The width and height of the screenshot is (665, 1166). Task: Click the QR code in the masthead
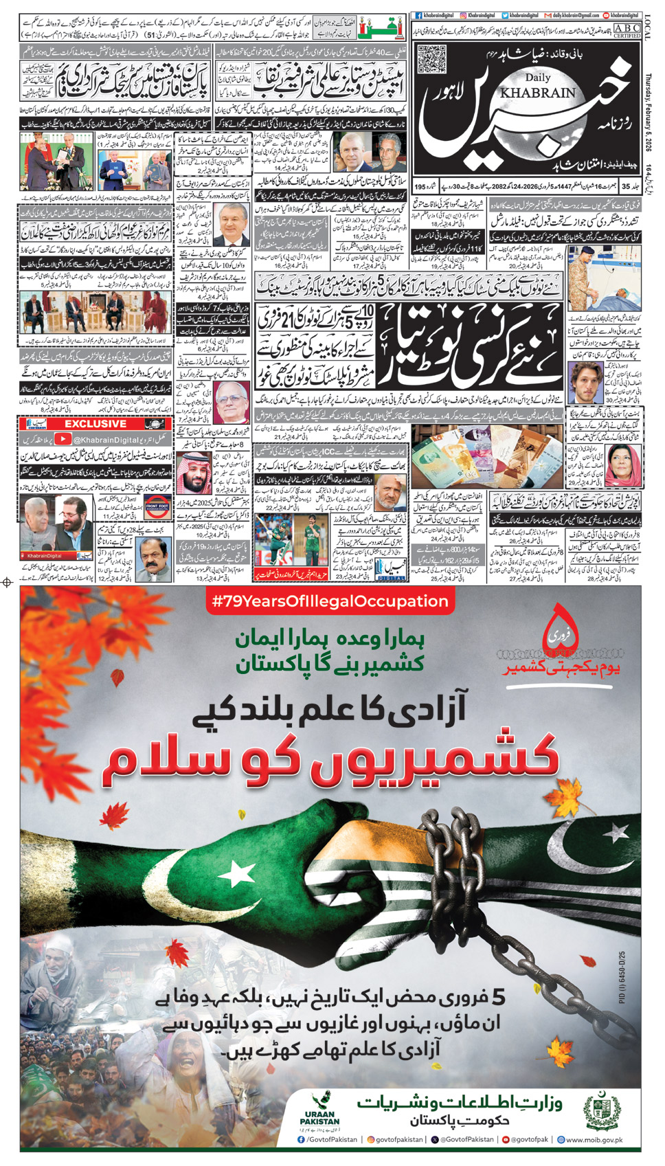pyautogui.click(x=431, y=60)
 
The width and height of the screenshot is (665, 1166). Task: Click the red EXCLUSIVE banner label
pyautogui.click(x=95, y=424)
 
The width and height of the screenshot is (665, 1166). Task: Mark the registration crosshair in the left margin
pyautogui.click(x=8, y=583)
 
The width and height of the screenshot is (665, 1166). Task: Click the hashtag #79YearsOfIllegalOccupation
pyautogui.click(x=330, y=601)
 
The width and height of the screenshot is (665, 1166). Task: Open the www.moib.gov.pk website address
pyautogui.click(x=589, y=1139)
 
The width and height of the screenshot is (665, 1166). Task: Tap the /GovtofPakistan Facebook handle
pyautogui.click(x=328, y=1139)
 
